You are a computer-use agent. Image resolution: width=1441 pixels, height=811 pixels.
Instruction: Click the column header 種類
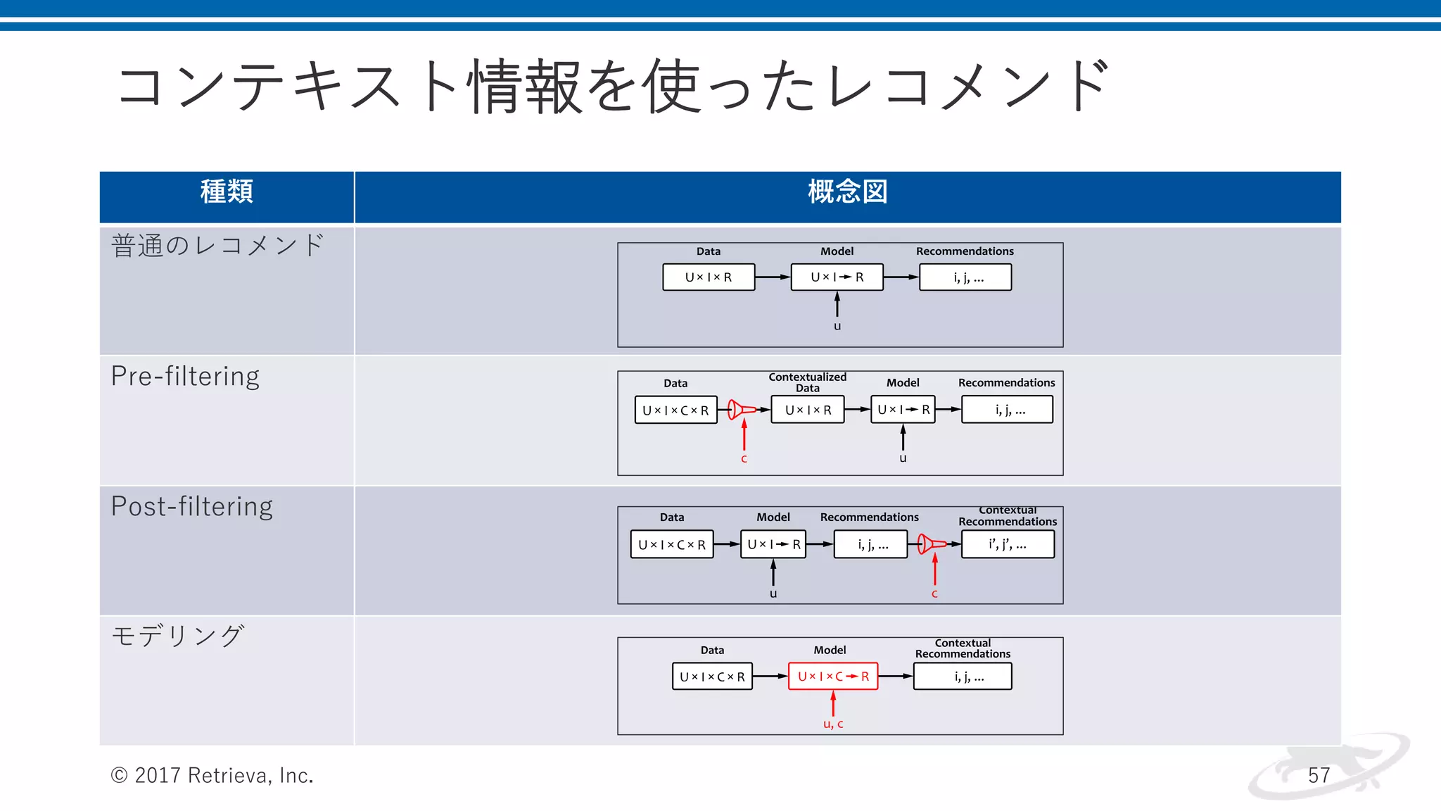tap(227, 191)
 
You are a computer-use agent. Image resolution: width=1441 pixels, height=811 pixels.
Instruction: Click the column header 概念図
tap(847, 191)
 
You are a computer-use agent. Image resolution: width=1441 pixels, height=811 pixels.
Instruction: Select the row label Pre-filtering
tap(186, 377)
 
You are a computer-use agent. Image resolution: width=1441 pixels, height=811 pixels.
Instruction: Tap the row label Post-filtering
tap(192, 507)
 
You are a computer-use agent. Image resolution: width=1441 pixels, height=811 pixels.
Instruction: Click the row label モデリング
tap(178, 636)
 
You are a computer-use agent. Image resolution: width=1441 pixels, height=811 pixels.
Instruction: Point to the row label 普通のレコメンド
tap(218, 246)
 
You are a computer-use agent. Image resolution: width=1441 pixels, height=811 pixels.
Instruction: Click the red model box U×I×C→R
tap(833, 677)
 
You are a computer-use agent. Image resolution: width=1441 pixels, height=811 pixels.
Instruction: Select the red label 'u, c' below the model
tap(833, 724)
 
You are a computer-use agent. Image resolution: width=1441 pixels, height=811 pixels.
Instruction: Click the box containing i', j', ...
tap(1008, 544)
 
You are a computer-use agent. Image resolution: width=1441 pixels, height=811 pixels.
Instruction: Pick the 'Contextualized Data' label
tap(807, 382)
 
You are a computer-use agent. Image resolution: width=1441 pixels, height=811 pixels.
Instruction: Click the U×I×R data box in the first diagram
tap(709, 277)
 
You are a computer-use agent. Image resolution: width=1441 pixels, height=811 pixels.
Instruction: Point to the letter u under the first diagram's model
tap(837, 326)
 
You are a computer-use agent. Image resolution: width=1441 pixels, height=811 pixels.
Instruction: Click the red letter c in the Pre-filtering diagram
tap(744, 459)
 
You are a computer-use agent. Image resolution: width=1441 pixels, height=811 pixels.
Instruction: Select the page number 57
tap(1319, 775)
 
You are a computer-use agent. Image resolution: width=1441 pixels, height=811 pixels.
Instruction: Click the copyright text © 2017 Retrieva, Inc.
tap(212, 775)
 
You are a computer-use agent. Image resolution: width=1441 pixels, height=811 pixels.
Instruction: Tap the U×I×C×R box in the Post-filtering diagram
tap(672, 544)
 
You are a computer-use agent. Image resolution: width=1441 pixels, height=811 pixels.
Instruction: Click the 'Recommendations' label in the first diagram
tap(965, 251)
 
